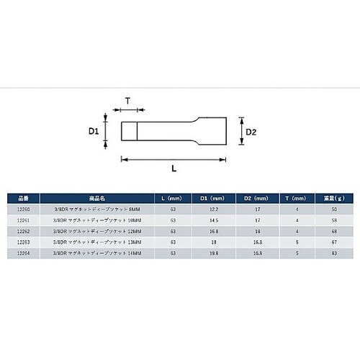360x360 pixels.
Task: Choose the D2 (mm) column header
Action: pyautogui.click(x=256, y=197)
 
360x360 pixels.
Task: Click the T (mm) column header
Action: pyautogui.click(x=294, y=197)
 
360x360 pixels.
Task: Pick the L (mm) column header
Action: pyautogui.click(x=173, y=197)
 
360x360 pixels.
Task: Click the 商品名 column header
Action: pyautogui.click(x=97, y=197)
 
